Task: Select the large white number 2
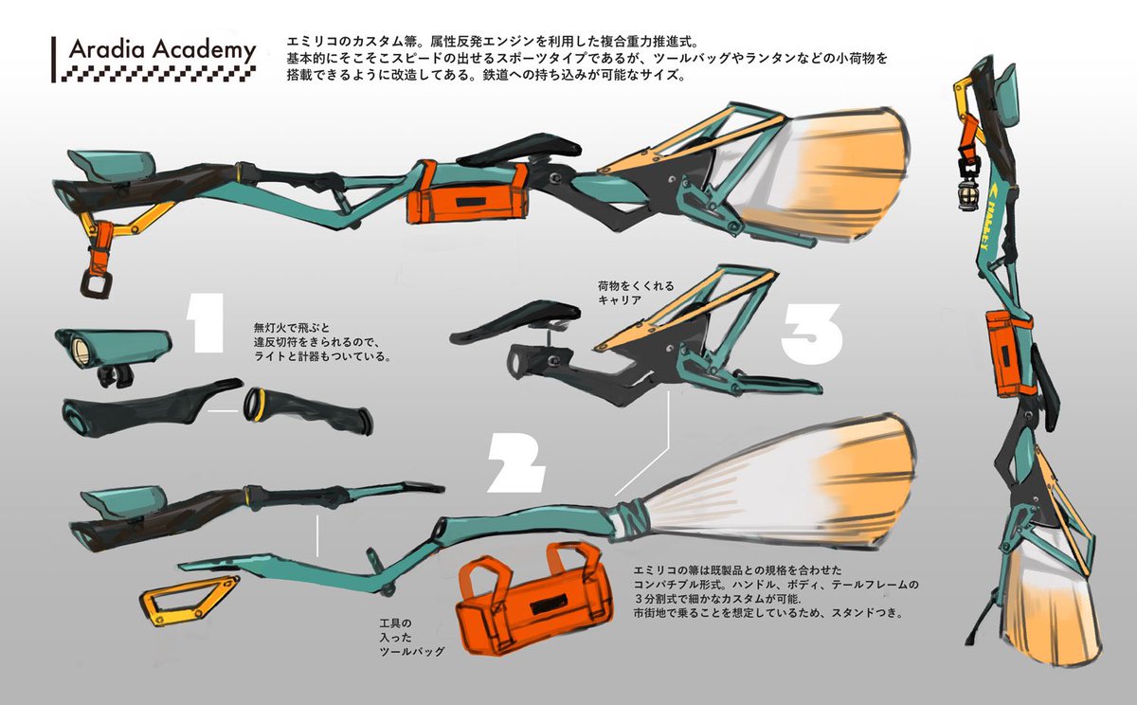[515, 461]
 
